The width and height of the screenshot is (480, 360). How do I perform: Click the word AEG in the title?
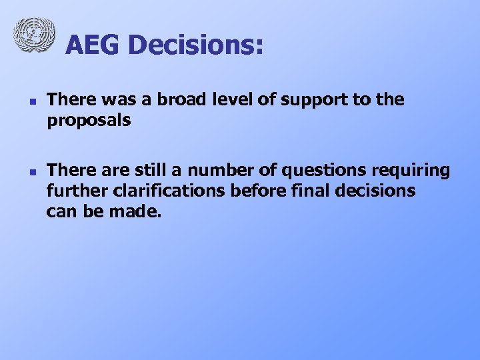93,45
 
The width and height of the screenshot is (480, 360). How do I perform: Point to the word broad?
184,100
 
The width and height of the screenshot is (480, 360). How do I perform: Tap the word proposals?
89,122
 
